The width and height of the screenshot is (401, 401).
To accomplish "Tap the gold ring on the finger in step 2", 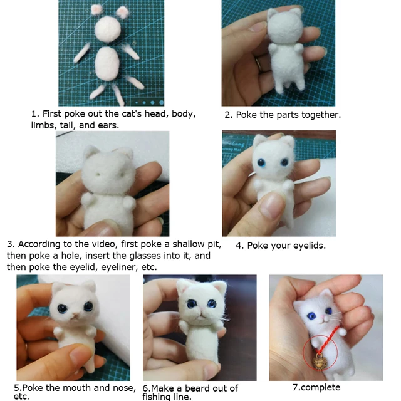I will tap(258, 61).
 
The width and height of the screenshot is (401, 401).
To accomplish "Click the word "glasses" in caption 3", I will tap(146, 256).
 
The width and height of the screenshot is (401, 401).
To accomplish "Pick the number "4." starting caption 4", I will tap(239, 246).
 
